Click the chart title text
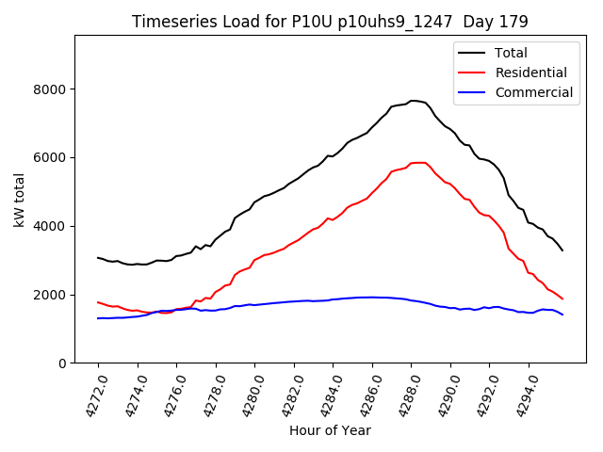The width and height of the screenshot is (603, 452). coord(330,22)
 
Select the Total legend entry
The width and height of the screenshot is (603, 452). coord(511,53)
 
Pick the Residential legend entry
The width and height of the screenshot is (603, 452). coord(530,73)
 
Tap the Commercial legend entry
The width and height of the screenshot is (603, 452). coord(533,92)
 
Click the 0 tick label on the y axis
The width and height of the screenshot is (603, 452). coord(62,363)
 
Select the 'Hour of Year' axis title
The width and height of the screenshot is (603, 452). coord(330,431)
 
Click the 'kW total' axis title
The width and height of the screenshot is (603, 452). coord(19,200)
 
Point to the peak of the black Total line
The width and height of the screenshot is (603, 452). coord(413,100)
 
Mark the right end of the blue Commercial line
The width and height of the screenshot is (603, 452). coord(562,315)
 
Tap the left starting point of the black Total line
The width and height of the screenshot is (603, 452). coord(98,257)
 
